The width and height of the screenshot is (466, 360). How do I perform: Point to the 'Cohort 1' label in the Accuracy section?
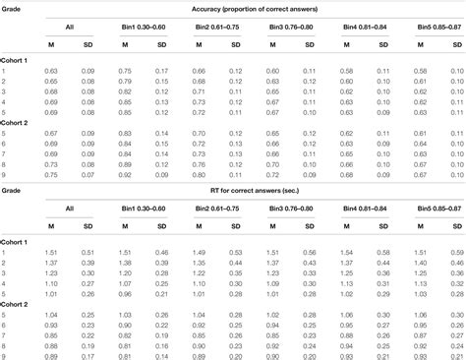tap(16, 60)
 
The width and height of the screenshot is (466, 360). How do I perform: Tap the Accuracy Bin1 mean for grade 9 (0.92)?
tap(125, 174)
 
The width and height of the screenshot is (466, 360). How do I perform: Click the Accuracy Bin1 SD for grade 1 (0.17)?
tap(161, 71)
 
